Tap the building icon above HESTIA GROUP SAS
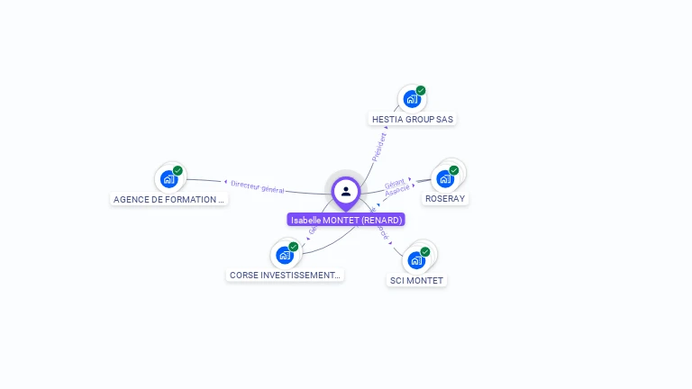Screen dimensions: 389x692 412,99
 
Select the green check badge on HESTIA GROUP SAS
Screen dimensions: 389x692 421,91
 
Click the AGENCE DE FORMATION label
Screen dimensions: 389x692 168,199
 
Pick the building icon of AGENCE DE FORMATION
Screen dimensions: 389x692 168,178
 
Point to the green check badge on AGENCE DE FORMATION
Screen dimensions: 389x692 178,170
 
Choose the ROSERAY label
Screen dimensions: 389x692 445,198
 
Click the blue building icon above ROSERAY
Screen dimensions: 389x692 444,178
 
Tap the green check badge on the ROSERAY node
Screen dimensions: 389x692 454,170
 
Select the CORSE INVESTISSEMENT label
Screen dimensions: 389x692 285,275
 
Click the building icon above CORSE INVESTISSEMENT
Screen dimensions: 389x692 285,255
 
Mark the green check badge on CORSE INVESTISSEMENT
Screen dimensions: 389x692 294,247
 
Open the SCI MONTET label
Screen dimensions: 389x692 416,280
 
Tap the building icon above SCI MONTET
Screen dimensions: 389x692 415,260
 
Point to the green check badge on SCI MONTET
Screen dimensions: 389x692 425,252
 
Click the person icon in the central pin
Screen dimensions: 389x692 346,191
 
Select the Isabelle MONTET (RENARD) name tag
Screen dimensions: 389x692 346,220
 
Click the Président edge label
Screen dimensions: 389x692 379,147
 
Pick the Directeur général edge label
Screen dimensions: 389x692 258,185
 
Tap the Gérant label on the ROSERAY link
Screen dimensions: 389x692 395,183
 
